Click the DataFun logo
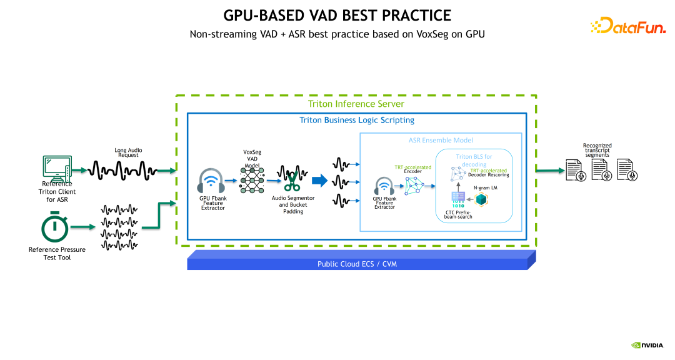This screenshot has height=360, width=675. point(628,26)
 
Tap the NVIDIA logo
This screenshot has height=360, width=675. point(647,345)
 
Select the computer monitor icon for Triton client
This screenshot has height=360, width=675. point(57,169)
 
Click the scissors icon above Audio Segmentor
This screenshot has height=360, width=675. point(292,181)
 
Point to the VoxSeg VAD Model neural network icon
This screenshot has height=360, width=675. point(252,181)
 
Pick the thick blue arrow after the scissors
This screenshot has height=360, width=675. point(320,181)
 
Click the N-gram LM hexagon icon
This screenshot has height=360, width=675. point(481,199)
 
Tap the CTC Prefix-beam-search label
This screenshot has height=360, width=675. point(458,214)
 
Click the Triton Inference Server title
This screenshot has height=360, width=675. point(356,104)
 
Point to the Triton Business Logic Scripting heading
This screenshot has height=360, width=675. point(357,120)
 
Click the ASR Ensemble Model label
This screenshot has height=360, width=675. point(441,140)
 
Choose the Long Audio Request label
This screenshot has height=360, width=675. point(128,152)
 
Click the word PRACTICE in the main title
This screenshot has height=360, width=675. point(416,16)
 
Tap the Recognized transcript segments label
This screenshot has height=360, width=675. point(597,150)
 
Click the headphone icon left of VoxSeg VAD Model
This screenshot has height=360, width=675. point(211,181)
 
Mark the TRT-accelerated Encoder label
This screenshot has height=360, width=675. point(413,169)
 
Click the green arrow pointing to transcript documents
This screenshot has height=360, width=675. point(550,171)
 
